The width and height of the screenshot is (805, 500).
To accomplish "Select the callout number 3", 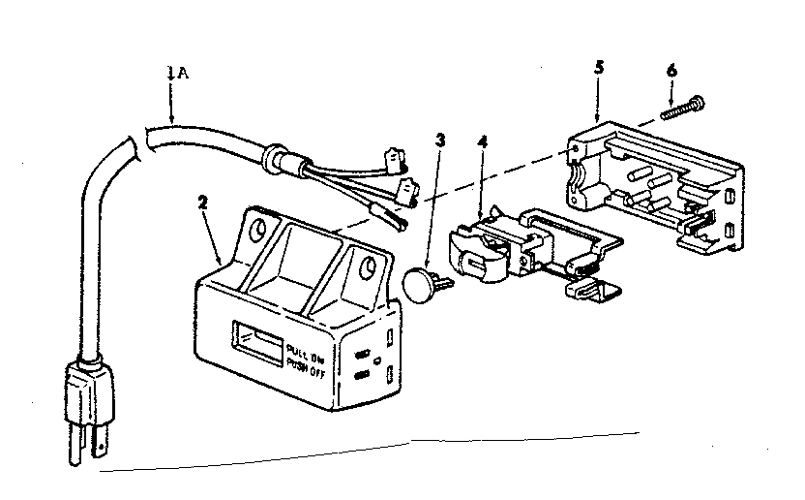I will click(x=440, y=140).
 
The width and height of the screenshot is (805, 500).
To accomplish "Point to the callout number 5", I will click(x=599, y=67).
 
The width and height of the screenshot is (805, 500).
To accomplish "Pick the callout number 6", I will click(x=672, y=69).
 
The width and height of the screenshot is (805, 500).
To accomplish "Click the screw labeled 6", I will click(x=685, y=106).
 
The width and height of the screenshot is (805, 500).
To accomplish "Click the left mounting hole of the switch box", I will click(x=256, y=230).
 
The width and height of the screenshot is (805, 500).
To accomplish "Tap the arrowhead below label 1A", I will click(x=170, y=116).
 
